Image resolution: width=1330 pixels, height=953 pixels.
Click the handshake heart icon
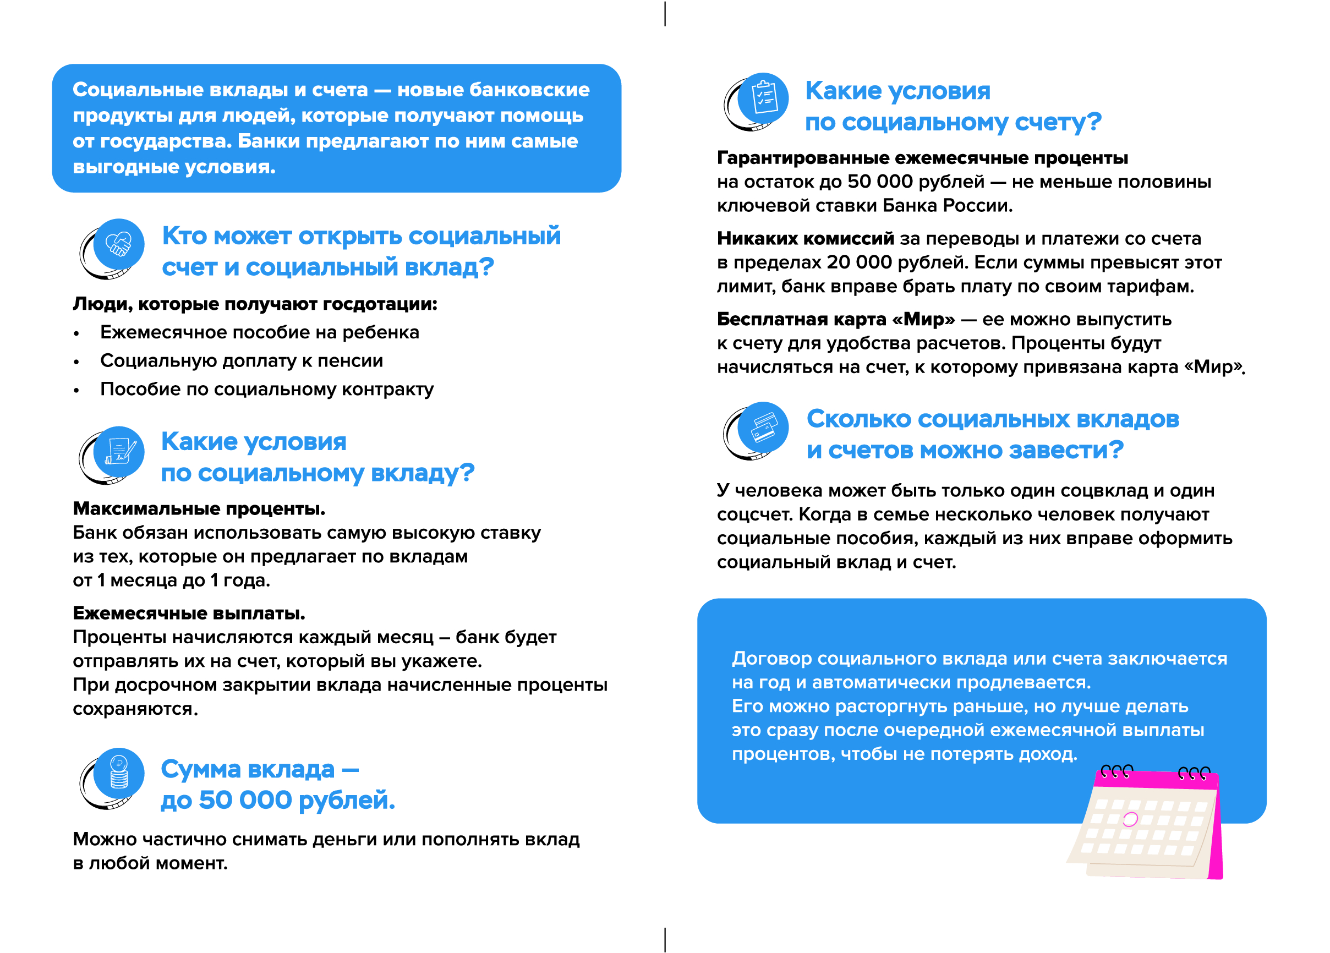coord(118,244)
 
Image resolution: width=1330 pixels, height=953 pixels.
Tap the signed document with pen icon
coord(118,452)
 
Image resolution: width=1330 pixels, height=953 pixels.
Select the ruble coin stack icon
coord(119,773)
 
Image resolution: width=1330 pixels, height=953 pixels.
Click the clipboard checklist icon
coord(763,98)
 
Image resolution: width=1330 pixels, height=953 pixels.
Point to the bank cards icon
coord(763,427)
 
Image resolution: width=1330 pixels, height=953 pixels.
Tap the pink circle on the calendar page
coord(1130,819)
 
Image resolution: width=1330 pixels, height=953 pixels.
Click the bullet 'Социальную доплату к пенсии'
coord(241,360)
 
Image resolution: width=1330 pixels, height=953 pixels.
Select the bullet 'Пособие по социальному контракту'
coord(267,390)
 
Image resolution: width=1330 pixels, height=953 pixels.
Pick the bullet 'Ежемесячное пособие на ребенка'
coord(259,332)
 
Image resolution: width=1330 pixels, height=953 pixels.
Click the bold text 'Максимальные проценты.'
coord(199,508)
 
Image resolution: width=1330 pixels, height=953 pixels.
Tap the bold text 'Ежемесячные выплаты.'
coord(189,614)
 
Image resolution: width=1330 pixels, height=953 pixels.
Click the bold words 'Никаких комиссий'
coord(805,239)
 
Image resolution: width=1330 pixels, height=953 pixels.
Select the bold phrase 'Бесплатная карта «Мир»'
coord(836,320)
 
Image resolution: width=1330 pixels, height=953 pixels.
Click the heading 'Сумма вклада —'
coord(260,769)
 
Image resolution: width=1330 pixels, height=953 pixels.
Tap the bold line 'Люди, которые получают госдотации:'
coord(255,304)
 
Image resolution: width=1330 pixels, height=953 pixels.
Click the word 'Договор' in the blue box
coord(771,659)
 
